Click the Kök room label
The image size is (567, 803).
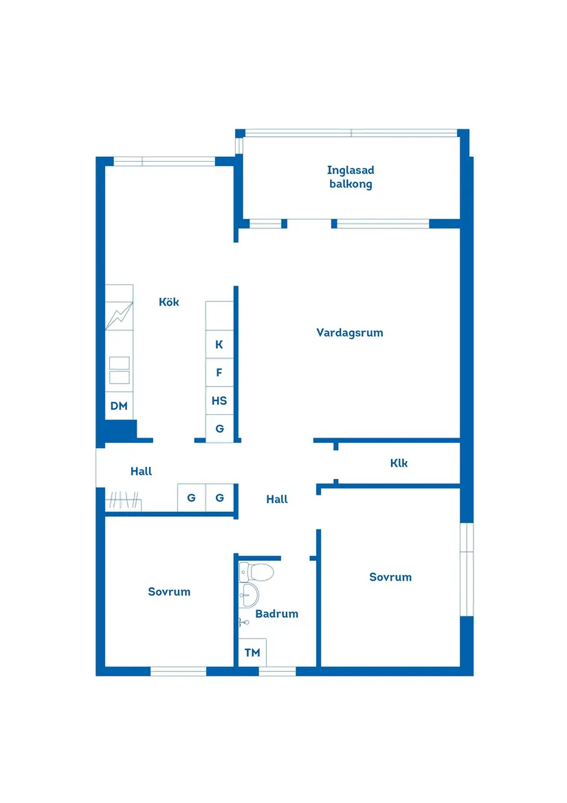(x=168, y=302)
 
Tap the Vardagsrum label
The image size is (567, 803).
(x=349, y=333)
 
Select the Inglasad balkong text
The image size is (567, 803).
(x=351, y=177)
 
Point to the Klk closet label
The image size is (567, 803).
(x=399, y=463)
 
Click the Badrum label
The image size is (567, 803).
(x=277, y=614)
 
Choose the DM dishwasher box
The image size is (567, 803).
(x=119, y=406)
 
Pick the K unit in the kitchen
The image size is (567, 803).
(x=219, y=345)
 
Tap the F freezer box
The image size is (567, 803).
(x=219, y=373)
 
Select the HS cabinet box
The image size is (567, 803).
(x=219, y=400)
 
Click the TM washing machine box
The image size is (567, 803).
(x=252, y=652)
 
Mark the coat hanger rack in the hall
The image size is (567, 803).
(x=124, y=500)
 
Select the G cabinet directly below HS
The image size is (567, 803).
(x=219, y=428)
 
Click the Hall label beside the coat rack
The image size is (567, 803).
(x=141, y=471)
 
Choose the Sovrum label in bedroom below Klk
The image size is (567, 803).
(x=390, y=577)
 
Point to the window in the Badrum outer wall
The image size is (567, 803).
(x=277, y=671)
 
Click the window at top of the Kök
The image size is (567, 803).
(x=164, y=162)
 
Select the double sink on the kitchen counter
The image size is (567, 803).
(x=119, y=370)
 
